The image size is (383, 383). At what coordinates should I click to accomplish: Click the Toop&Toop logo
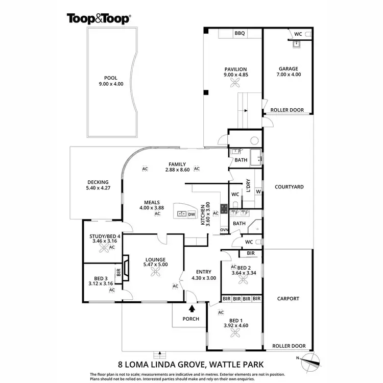[99, 19]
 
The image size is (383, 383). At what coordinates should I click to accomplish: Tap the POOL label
[111, 78]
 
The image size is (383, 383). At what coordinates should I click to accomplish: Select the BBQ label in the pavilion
[240, 33]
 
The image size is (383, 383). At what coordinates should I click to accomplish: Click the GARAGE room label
[288, 68]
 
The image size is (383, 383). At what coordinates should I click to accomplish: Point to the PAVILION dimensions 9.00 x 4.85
[235, 75]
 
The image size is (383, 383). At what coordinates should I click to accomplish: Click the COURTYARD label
[289, 187]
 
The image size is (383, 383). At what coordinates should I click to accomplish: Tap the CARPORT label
[288, 299]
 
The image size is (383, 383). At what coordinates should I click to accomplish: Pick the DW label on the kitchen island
[192, 214]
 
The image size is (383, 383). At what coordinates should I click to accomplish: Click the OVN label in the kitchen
[224, 230]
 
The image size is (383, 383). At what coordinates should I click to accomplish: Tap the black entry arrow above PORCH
[192, 308]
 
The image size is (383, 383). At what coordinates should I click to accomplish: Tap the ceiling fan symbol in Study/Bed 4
[104, 248]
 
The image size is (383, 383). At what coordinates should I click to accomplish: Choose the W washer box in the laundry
[258, 192]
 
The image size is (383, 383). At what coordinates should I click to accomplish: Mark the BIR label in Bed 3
[118, 273]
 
